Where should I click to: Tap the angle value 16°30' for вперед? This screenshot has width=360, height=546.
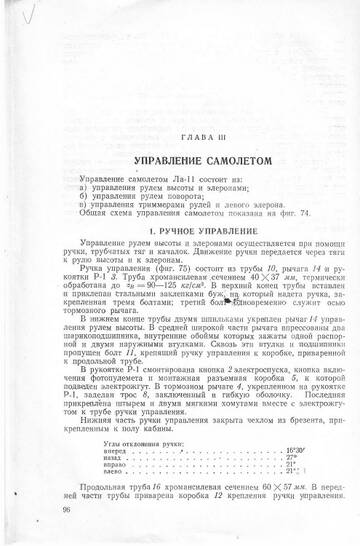click(296, 424)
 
